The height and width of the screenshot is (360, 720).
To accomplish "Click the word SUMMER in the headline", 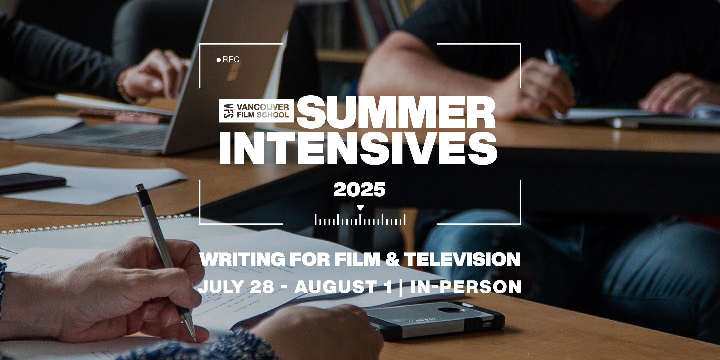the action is click(x=396, y=112).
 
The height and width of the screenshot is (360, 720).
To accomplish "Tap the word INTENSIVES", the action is click(x=358, y=149).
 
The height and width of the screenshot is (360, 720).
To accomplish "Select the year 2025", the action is click(x=360, y=190).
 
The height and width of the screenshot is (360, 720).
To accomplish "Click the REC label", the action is click(x=231, y=60).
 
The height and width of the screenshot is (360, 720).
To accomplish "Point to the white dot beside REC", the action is click(x=219, y=60).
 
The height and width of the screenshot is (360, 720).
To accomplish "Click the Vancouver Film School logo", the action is click(x=256, y=111).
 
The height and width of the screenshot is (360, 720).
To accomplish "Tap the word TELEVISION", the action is click(x=463, y=259).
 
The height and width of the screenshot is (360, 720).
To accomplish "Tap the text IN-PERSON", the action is click(x=466, y=287).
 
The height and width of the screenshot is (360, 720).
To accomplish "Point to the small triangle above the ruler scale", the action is click(x=360, y=208).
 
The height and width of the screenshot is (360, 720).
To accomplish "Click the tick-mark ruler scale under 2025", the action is click(x=360, y=219).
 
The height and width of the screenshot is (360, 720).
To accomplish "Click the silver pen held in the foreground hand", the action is click(x=165, y=262).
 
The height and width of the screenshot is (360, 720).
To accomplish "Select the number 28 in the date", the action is click(x=262, y=287).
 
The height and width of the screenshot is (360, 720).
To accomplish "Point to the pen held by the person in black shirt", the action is click(x=551, y=57).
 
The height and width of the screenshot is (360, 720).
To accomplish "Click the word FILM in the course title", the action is click(x=353, y=259).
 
